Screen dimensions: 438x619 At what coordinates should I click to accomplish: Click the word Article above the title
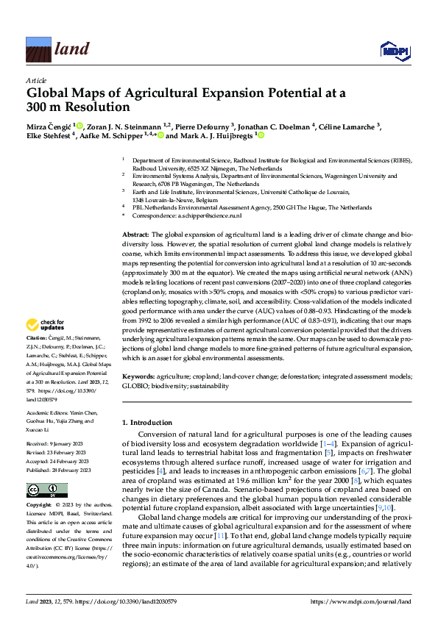(36, 80)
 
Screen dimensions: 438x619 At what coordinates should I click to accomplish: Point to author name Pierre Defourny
(207, 126)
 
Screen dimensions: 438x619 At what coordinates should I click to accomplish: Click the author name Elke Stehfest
(49, 135)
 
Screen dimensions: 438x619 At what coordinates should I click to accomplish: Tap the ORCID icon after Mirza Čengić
(80, 126)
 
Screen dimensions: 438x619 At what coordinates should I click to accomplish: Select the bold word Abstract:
(135, 233)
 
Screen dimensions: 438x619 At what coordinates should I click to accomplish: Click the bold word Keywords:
(138, 376)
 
